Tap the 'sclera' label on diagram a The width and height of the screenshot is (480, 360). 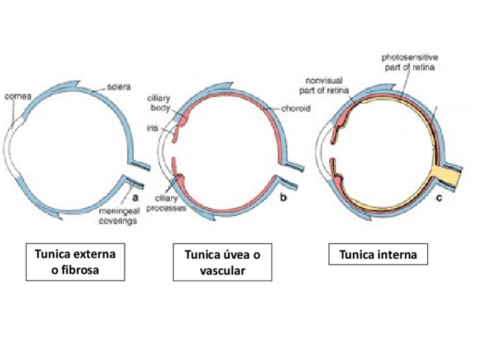point(119,88)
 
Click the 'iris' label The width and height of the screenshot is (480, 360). point(153,128)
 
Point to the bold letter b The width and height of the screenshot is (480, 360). point(284,198)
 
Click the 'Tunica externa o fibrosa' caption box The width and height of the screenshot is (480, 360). point(75,262)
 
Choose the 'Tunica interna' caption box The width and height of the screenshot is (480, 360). point(378,255)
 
